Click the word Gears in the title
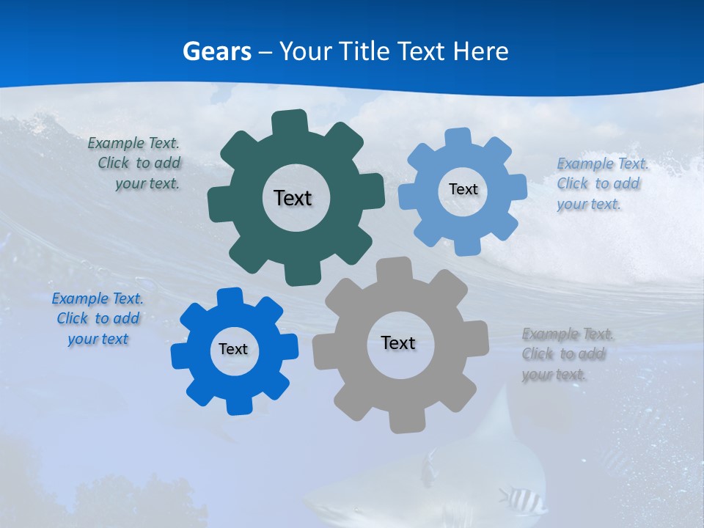pyautogui.click(x=217, y=51)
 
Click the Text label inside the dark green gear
pyautogui.click(x=293, y=198)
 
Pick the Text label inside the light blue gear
pyautogui.click(x=463, y=189)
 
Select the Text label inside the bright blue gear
pyautogui.click(x=233, y=349)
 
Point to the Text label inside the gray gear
pyautogui.click(x=398, y=342)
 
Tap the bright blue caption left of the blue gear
pyautogui.click(x=98, y=318)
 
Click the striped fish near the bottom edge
pyautogui.click(x=522, y=499)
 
